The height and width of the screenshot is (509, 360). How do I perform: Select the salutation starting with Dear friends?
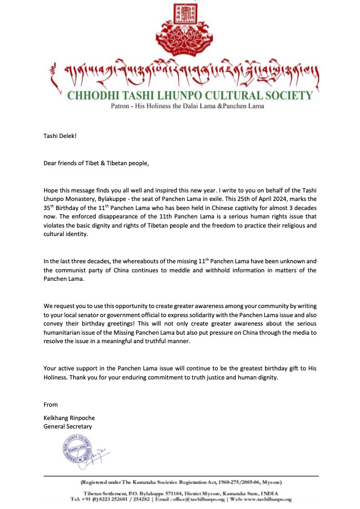pos(96,163)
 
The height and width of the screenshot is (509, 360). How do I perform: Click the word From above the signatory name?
pos(51,404)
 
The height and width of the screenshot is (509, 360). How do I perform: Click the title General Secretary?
pos(68,426)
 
